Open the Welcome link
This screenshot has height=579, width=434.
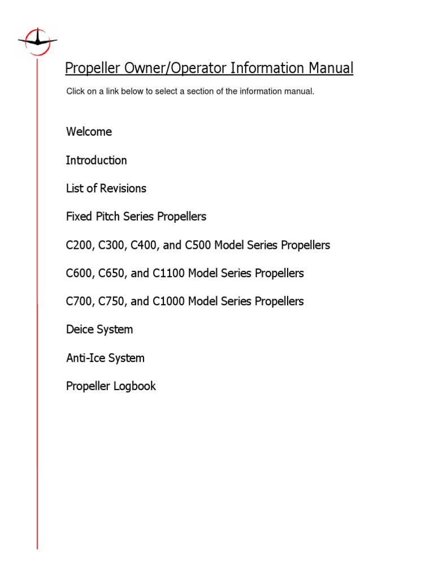(x=89, y=132)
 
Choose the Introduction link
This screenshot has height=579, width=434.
(x=96, y=160)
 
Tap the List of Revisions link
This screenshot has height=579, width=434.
(x=106, y=188)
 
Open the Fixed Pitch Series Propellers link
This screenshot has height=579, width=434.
(x=136, y=217)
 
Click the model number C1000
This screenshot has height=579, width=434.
(x=168, y=301)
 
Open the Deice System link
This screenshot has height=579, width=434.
(x=99, y=329)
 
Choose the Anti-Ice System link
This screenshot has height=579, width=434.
(x=105, y=358)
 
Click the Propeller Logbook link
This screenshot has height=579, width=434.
(x=111, y=386)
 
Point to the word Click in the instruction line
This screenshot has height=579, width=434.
(x=76, y=91)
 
